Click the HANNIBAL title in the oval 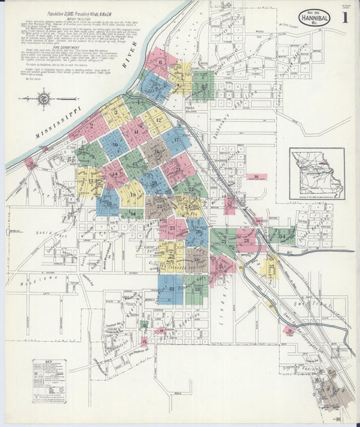point(315,18)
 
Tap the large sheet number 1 point(344,18)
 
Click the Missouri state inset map point(317,174)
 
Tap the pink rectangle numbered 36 point(256,177)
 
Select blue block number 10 point(115,144)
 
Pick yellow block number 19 point(132,194)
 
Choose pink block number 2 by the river point(89,126)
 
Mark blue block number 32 point(171,289)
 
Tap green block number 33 point(197,289)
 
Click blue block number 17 point(177,140)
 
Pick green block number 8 point(203,86)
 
